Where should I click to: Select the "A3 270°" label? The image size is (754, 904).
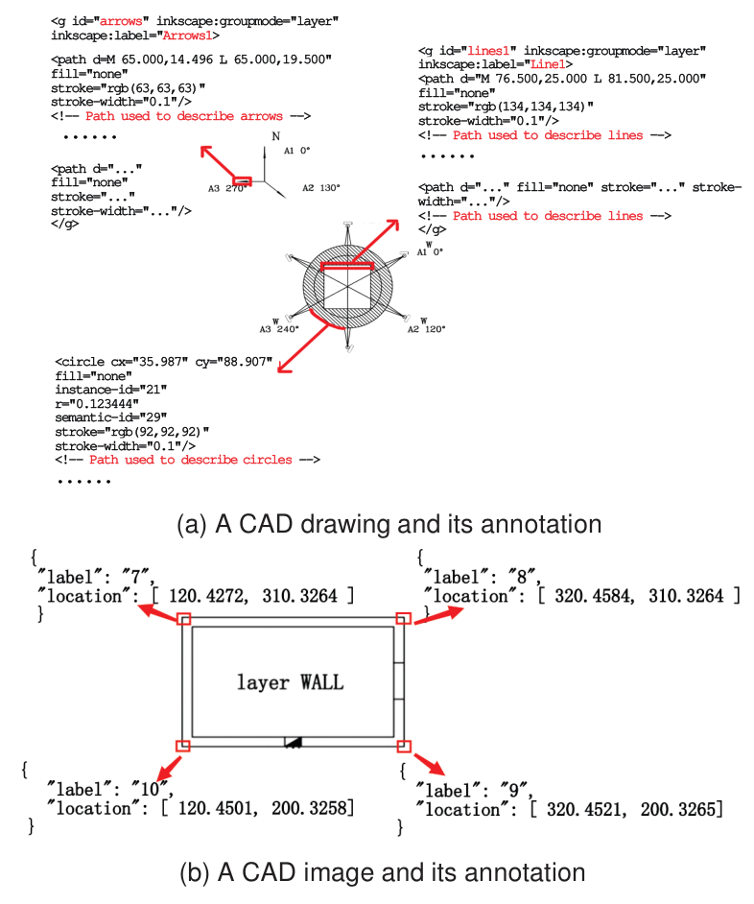coord(226,188)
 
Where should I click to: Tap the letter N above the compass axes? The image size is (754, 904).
coord(275,137)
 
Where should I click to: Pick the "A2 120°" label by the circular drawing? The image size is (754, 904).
coord(427,327)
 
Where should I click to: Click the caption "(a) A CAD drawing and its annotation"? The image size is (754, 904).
coord(389,524)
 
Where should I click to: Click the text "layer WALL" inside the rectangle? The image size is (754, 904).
coord(290,682)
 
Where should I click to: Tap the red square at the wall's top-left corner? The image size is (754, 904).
coord(184,620)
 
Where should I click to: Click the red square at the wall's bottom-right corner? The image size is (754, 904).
coord(404,746)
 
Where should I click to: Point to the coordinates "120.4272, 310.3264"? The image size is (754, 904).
coord(252,596)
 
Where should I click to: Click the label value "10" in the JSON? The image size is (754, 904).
coord(152,790)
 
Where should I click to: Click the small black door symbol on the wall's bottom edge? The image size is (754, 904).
coord(294,741)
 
